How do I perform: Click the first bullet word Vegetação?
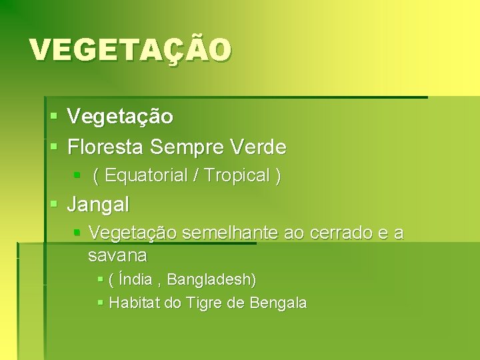[120, 117]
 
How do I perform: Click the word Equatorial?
[146, 176]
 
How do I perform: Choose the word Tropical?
[237, 176]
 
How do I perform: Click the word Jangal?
[98, 204]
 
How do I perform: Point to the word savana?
[117, 255]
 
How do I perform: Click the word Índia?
[135, 279]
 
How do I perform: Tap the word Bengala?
[278, 303]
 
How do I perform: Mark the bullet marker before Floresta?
[54, 146]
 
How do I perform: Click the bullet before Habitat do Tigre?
[100, 303]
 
